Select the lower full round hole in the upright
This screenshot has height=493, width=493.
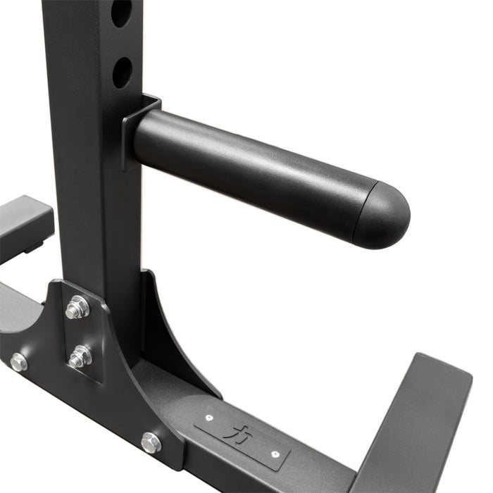(x=122, y=72)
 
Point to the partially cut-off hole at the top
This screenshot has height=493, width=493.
(x=121, y=12)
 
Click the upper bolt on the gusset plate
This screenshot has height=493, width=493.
(x=77, y=307)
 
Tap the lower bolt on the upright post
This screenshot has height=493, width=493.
(x=80, y=357)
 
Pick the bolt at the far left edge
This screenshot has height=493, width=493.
(x=19, y=363)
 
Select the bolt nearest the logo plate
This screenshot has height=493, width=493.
(x=151, y=442)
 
